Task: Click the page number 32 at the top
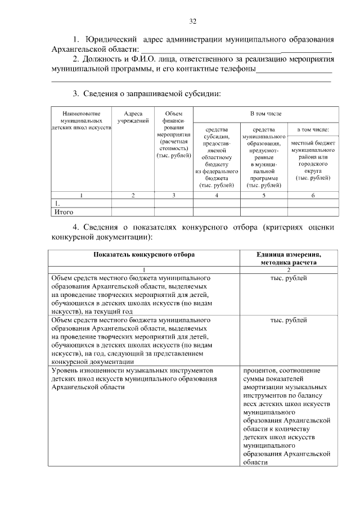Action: pos(192,22)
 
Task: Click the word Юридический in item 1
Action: pos(111,40)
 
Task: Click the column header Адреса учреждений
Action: pos(133,117)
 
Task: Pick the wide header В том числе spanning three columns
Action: pos(265,114)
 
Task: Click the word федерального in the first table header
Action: pos(217,171)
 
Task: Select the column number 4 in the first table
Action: pos(217,195)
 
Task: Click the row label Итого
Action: pos(64,212)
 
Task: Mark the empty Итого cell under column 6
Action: pos(313,212)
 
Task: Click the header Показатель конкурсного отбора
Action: pos(145,255)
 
